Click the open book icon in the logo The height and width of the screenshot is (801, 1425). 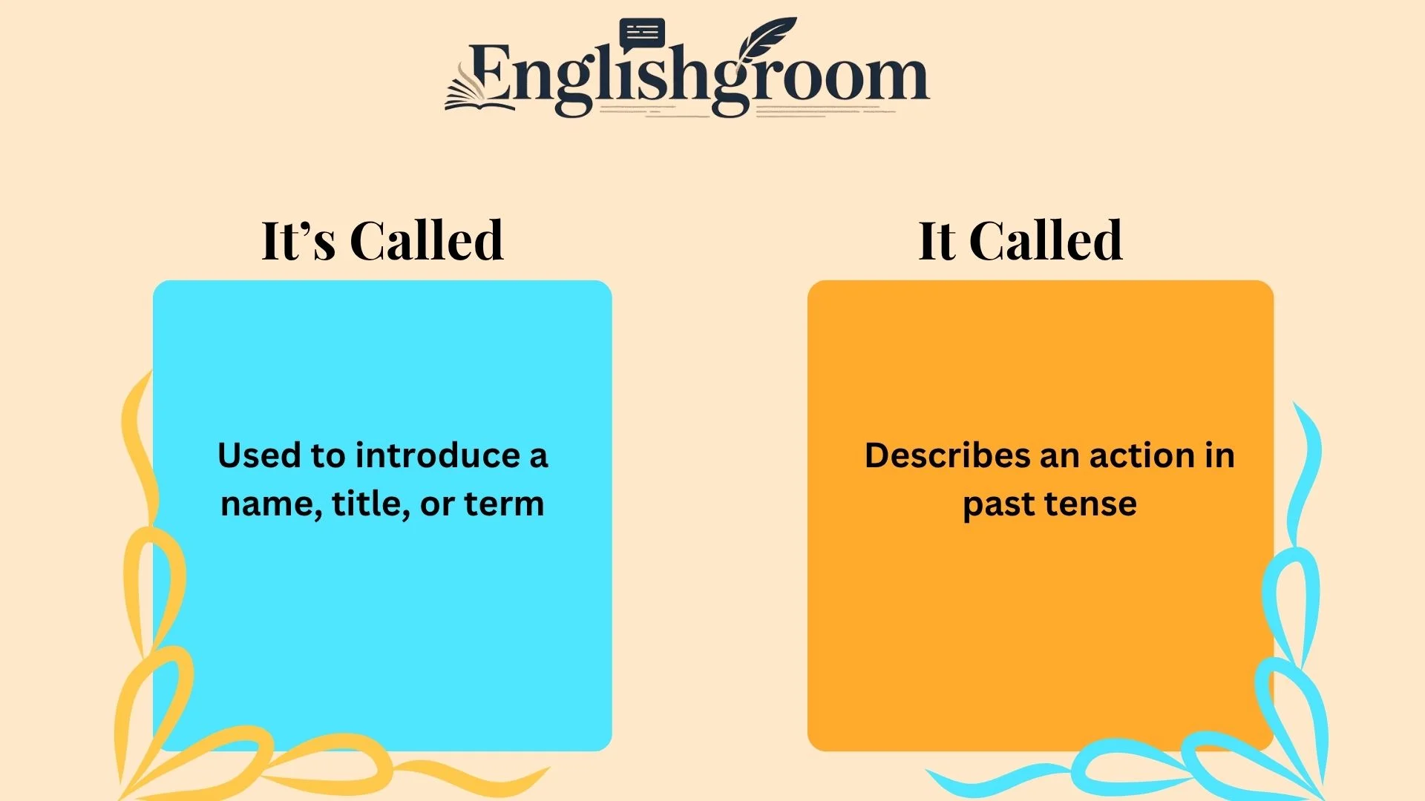pos(479,89)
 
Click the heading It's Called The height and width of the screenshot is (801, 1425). pos(383,240)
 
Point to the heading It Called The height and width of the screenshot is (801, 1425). pos(1021,240)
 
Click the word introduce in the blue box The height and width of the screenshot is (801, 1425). pos(438,455)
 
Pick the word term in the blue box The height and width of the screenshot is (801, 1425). pos(504,504)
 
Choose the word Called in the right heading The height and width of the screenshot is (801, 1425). pos(1046,240)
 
